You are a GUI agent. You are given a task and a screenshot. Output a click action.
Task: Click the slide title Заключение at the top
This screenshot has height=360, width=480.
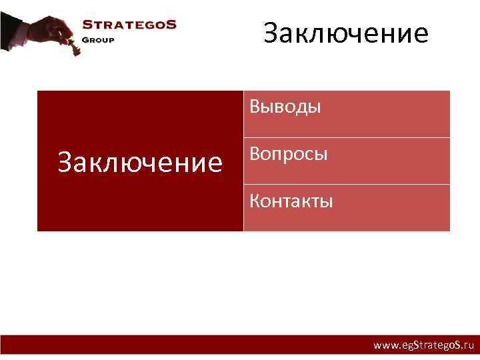pos(345,33)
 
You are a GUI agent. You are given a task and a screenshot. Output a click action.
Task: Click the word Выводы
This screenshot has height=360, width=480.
pos(285,107)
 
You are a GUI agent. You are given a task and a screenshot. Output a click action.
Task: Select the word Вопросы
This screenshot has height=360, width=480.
pos(288,154)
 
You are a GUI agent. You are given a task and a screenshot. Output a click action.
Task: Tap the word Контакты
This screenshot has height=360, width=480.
pos(291,201)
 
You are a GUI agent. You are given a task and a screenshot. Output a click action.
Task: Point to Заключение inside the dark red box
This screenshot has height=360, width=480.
pos(140,162)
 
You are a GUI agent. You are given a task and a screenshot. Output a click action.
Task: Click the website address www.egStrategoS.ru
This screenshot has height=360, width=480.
pos(423,346)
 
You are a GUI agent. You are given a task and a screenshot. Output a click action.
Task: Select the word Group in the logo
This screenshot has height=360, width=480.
pos(98,39)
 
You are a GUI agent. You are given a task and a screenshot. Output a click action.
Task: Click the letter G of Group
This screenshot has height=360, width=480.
pos(85,39)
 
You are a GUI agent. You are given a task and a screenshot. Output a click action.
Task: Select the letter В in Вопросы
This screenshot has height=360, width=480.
pos(255,154)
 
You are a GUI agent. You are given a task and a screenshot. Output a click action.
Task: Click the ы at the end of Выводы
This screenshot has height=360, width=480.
pos(315,107)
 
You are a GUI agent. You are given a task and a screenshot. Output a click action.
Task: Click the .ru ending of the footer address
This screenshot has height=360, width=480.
pos(467,346)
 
